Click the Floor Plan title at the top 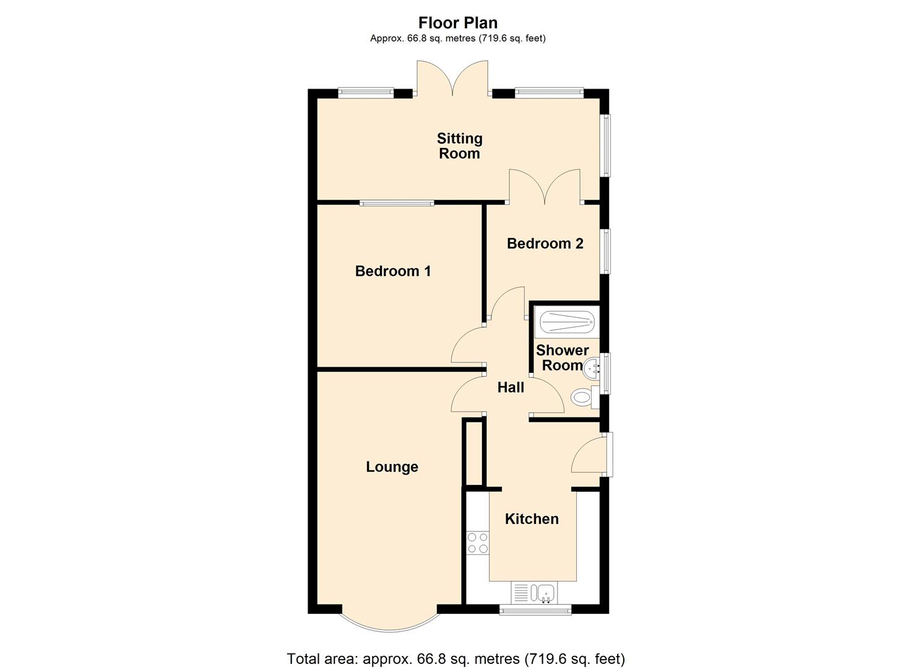click(x=458, y=23)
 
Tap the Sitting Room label click(x=459, y=146)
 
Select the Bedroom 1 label click(x=393, y=271)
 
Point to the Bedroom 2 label click(x=545, y=243)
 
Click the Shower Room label click(x=562, y=358)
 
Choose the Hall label click(x=511, y=388)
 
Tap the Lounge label click(x=392, y=467)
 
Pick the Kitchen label click(x=532, y=519)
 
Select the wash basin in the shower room click(x=592, y=368)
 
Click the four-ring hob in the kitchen click(x=477, y=543)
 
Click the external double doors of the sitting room click(x=452, y=79)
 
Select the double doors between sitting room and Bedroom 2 click(x=545, y=187)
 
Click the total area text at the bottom click(x=455, y=658)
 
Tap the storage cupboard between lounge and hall click(x=474, y=453)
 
